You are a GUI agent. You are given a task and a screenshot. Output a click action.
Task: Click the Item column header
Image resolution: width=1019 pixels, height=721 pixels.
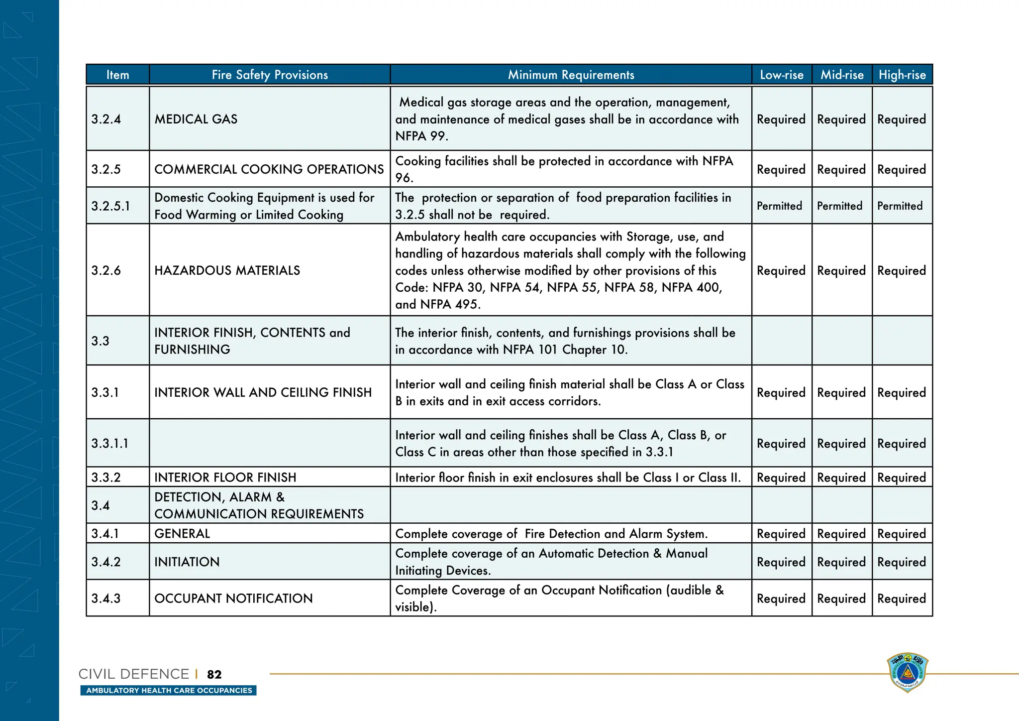point(117,75)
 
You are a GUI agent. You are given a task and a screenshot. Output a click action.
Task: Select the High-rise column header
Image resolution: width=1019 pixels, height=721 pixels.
point(902,75)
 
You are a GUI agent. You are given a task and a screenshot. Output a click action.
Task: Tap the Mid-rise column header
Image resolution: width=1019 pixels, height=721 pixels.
point(842,75)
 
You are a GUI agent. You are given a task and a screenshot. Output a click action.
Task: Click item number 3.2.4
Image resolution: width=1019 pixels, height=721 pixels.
point(106,119)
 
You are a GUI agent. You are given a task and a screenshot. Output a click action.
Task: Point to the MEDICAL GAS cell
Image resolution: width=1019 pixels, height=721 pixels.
point(196,119)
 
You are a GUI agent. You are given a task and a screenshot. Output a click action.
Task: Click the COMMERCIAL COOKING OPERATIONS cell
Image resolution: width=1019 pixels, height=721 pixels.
point(269,169)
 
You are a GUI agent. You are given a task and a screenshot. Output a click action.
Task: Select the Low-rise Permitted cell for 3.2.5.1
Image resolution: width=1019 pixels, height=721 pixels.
point(780,206)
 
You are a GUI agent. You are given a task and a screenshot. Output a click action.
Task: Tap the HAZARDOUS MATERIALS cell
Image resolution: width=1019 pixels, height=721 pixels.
point(227,270)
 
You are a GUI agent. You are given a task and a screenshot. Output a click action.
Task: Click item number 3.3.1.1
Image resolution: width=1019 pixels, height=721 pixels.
point(110,443)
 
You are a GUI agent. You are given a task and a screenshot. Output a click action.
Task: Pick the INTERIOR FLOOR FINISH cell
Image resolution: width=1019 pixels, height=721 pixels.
point(225,478)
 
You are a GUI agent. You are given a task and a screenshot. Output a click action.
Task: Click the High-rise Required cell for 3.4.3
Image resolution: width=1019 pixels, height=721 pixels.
point(902,599)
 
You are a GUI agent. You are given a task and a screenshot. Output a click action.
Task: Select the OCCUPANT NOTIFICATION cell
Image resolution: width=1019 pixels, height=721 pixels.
point(233,599)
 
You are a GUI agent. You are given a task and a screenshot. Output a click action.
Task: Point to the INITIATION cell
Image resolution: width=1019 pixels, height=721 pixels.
point(187,562)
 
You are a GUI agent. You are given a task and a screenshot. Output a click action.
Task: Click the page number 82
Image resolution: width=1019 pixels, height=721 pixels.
point(214,675)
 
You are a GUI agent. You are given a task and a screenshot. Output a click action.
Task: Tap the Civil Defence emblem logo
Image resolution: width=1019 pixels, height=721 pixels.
point(908,672)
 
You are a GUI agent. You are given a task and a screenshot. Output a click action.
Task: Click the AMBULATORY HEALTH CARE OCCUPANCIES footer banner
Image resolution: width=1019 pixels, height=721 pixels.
point(169,691)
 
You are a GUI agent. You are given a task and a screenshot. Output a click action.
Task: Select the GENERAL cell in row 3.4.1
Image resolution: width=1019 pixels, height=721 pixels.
point(182,534)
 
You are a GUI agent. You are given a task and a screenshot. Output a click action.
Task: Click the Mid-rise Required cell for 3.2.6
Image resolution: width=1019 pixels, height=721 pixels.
point(841,270)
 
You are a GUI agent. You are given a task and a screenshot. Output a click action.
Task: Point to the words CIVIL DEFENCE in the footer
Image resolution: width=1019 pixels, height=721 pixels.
point(134,674)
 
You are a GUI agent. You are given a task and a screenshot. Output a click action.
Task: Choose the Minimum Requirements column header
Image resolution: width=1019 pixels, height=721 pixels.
point(571,75)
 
